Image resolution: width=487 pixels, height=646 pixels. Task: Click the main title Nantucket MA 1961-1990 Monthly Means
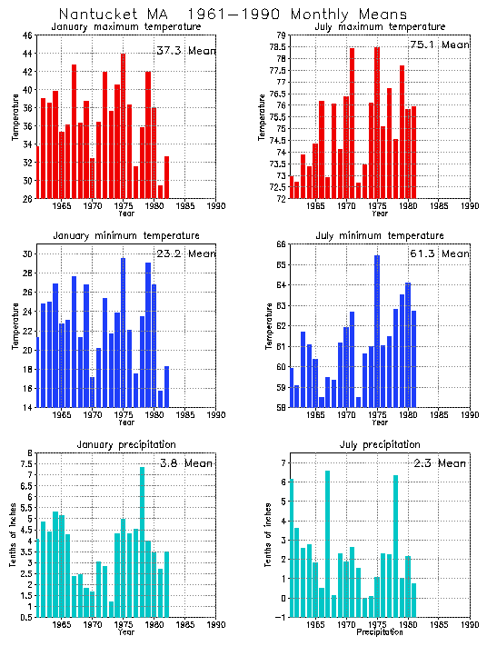(233, 14)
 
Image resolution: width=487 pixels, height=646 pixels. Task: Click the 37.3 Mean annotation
(185, 51)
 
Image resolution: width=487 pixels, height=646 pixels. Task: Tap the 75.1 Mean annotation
(440, 45)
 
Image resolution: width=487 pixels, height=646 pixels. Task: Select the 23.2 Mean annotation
(185, 253)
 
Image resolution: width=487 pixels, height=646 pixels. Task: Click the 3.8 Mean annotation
(185, 463)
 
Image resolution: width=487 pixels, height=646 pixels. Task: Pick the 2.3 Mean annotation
(440, 463)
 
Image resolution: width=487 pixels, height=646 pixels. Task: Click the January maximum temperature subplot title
(125, 26)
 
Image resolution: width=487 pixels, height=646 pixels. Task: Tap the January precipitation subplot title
(125, 444)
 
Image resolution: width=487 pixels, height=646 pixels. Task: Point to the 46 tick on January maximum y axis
(28, 35)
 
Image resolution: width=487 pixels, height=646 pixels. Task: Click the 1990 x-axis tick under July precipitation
(470, 625)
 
